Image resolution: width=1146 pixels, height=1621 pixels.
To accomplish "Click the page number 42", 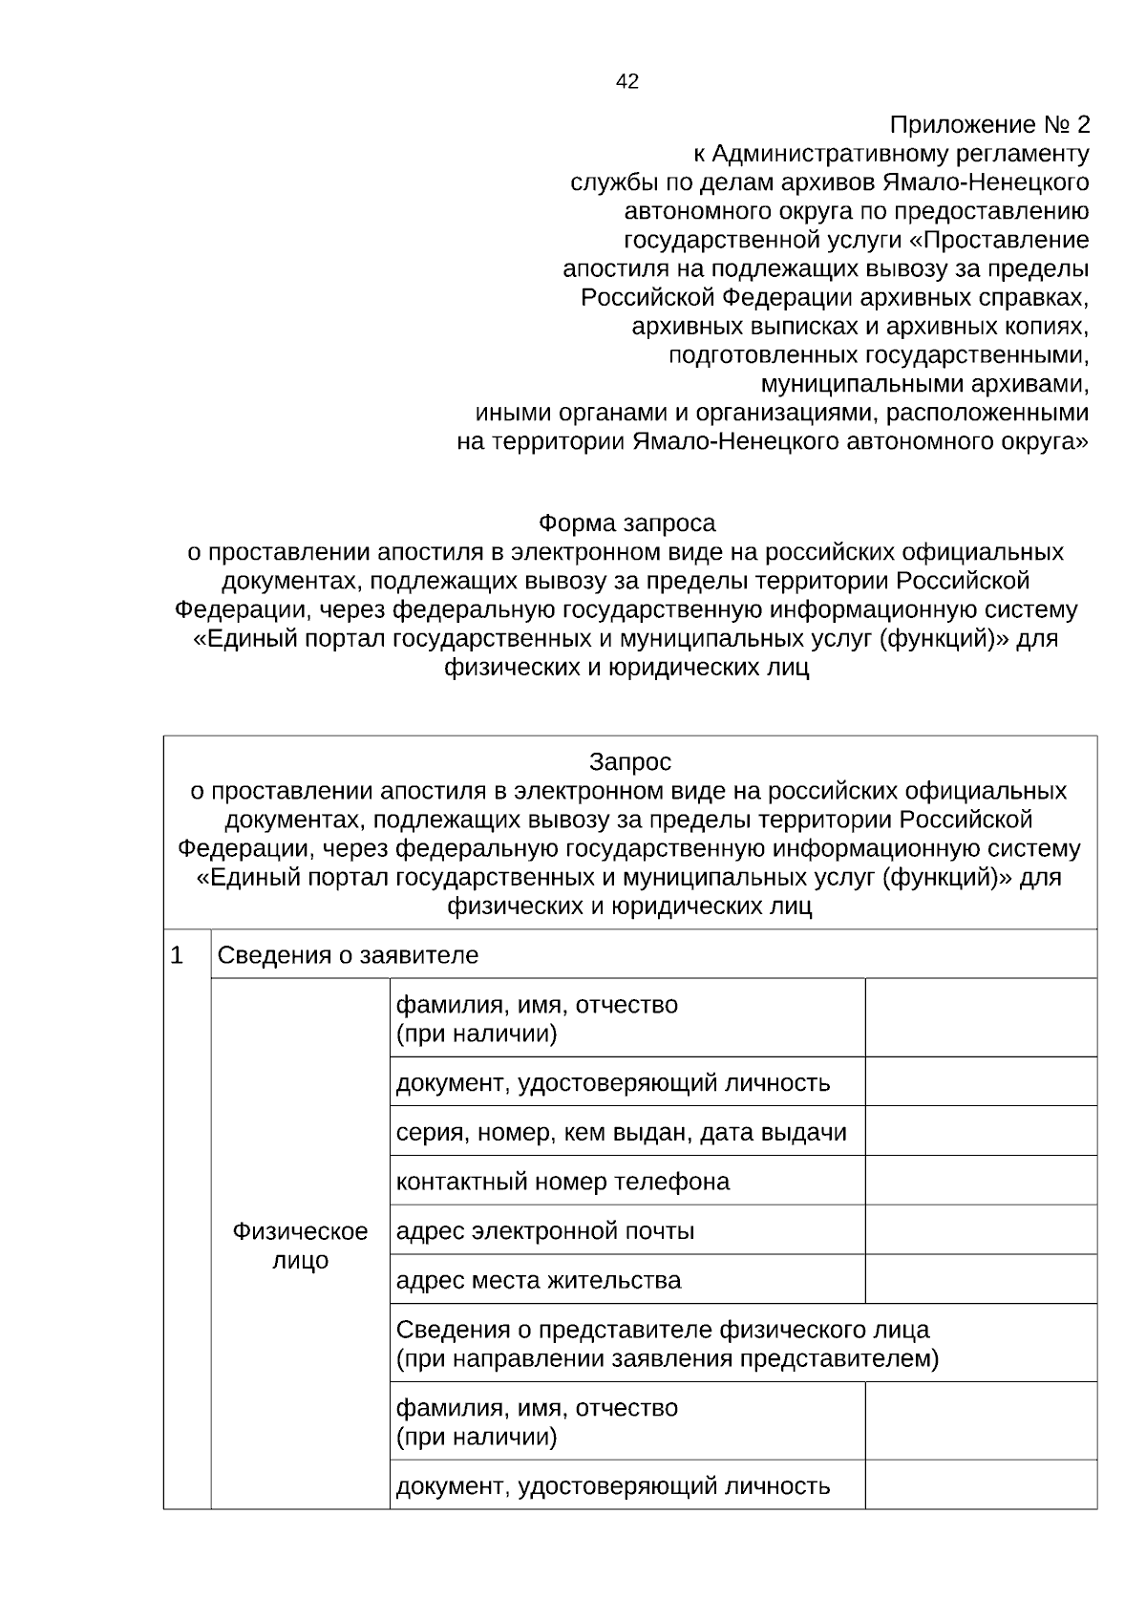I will pyautogui.click(x=627, y=82).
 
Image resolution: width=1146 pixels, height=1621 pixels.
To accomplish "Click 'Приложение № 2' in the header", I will pyautogui.click(x=988, y=125).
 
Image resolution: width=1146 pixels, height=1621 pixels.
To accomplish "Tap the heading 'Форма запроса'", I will pyautogui.click(x=626, y=523).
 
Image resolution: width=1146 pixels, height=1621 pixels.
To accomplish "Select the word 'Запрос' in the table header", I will pyautogui.click(x=630, y=762).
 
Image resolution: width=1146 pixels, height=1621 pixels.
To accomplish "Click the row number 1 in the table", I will pyautogui.click(x=177, y=955).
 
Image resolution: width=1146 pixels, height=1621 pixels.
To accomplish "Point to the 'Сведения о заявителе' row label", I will pyautogui.click(x=349, y=955).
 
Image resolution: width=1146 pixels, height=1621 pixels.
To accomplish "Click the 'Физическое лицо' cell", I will pyautogui.click(x=300, y=1246).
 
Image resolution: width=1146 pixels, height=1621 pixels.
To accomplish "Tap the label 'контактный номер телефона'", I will pyautogui.click(x=562, y=1182).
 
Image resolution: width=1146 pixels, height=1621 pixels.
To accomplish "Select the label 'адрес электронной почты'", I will pyautogui.click(x=545, y=1231).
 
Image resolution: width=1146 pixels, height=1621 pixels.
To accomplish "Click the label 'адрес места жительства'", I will pyautogui.click(x=539, y=1280).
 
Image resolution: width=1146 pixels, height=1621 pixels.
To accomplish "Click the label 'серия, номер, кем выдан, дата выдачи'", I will pyautogui.click(x=622, y=1133).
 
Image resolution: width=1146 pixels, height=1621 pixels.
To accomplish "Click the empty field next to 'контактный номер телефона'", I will pyautogui.click(x=981, y=1181).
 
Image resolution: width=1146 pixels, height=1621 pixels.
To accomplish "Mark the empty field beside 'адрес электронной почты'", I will pyautogui.click(x=981, y=1230).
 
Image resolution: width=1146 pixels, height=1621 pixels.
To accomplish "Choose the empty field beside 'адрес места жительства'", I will pyautogui.click(x=981, y=1280).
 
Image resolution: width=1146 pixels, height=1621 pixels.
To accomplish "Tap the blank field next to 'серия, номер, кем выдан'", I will pyautogui.click(x=981, y=1132).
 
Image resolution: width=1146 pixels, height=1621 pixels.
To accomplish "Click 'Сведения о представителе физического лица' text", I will pyautogui.click(x=663, y=1330).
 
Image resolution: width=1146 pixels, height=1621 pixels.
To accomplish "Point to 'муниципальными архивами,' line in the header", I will pyautogui.click(x=924, y=384).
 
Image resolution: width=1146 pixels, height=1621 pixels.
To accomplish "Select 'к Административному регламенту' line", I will pyautogui.click(x=890, y=154).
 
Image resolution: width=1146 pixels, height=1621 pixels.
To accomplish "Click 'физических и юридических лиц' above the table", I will pyautogui.click(x=626, y=668).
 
